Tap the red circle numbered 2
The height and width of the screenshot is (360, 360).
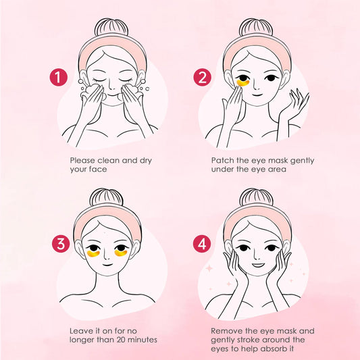(202, 78)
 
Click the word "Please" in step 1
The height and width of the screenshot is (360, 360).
(83, 161)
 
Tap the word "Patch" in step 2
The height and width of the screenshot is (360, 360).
(222, 161)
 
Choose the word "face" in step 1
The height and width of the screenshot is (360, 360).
(101, 171)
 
